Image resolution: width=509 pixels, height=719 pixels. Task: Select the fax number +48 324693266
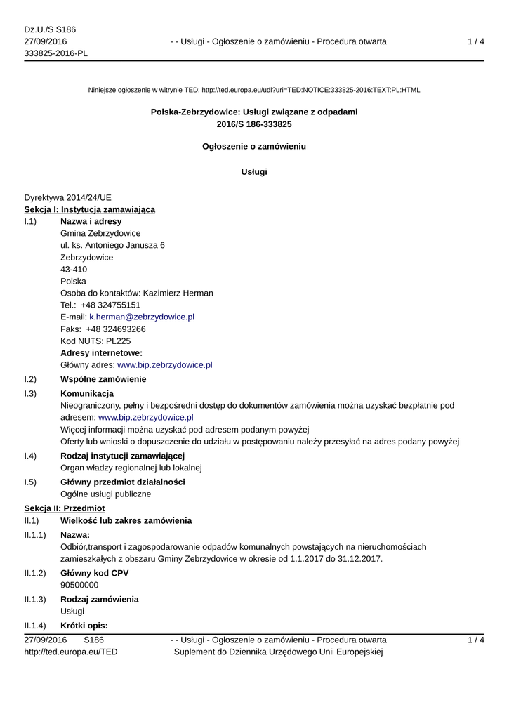[x=116, y=329]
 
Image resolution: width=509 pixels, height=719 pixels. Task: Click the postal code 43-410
[x=74, y=270]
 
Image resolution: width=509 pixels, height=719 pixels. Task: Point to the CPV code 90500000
[x=79, y=585]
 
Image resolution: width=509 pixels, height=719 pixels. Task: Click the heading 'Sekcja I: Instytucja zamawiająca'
[x=90, y=210]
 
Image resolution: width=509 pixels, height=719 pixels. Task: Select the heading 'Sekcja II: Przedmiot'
[x=65, y=508]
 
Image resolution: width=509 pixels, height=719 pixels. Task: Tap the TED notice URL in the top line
[x=310, y=91]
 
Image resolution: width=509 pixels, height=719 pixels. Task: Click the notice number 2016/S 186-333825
[x=254, y=124]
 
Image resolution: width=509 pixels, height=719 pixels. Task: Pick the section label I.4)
[x=30, y=456]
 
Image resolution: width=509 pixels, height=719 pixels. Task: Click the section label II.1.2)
[x=35, y=573]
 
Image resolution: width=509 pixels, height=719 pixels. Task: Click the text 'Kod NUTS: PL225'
[x=95, y=341]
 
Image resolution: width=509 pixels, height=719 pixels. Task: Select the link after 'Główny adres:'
[x=164, y=365]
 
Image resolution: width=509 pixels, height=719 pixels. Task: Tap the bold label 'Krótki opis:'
[x=84, y=626]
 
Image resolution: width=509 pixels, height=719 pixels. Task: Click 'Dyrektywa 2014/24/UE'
[x=67, y=198]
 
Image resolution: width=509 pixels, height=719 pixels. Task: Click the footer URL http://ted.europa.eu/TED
[x=71, y=652]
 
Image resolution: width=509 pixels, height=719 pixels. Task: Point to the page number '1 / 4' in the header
[x=475, y=42]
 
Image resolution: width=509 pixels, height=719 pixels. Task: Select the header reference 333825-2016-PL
[x=56, y=54]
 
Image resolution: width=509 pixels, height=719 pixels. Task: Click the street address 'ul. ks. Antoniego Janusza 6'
[x=113, y=246]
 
